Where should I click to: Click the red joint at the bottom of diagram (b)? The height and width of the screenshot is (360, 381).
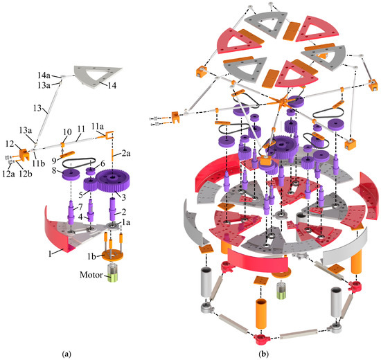(x=262, y=337)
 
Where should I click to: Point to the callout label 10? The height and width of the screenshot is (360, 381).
(x=67, y=132)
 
